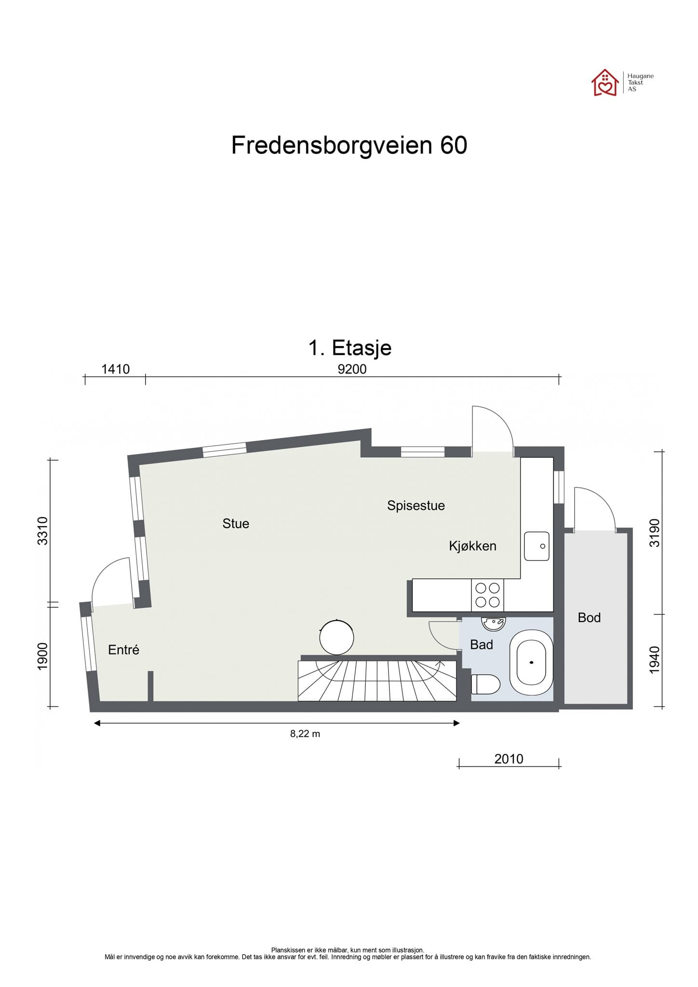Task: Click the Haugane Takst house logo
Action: pos(605,83)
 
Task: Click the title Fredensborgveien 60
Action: pos(349,145)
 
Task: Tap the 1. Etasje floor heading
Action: pos(349,347)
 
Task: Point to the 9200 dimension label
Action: pos(352,369)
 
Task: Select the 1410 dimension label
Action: pos(115,369)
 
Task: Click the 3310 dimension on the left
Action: pos(43,531)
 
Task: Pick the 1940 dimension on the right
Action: pos(654,660)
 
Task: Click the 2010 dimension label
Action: pos(509,759)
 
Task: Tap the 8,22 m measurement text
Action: pos(305,734)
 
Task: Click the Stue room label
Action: pos(236,524)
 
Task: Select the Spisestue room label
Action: pos(416,506)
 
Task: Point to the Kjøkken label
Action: pos(472,546)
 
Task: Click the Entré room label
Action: pos(123,650)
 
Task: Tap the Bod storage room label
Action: pos(589,618)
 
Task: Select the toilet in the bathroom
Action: pos(485,684)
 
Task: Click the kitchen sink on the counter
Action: pos(537,546)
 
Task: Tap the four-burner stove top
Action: pos(487,595)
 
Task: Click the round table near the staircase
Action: pos(336,637)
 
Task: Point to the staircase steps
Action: pos(377,680)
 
